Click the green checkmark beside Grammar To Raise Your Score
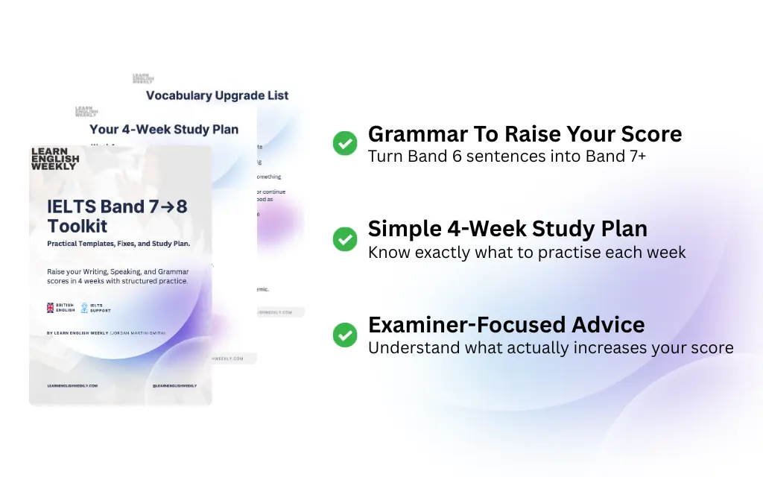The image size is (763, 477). click(x=344, y=143)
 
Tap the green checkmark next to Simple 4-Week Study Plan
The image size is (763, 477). click(x=344, y=238)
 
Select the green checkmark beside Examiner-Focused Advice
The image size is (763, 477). click(x=344, y=335)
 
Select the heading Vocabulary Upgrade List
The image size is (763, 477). click(x=217, y=95)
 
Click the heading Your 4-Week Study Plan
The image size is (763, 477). click(x=164, y=129)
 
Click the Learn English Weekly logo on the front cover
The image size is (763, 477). click(x=55, y=159)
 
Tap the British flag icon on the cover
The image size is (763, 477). click(x=51, y=307)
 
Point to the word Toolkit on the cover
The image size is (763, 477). click(x=77, y=226)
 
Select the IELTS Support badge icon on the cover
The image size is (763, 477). click(x=84, y=307)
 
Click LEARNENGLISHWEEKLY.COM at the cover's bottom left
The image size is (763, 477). click(x=72, y=386)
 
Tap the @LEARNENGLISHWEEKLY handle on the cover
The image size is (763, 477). click(x=174, y=386)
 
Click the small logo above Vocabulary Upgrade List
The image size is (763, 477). click(x=143, y=78)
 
